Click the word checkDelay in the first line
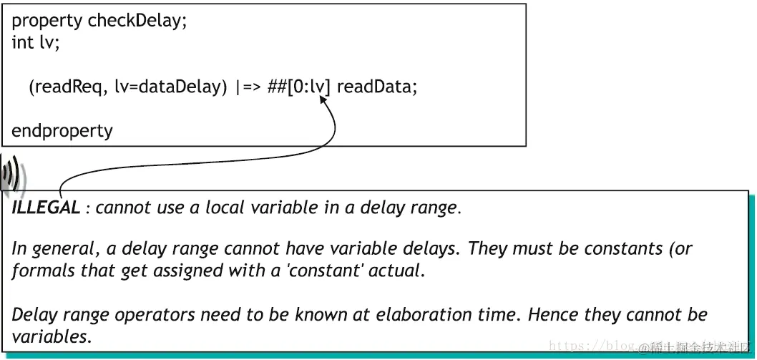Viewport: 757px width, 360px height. pos(137,20)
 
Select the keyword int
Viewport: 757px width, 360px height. pos(22,42)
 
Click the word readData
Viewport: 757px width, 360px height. pos(376,87)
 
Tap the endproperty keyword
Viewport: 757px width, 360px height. pos(62,132)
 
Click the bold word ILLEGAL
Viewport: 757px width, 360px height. pos(46,208)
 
